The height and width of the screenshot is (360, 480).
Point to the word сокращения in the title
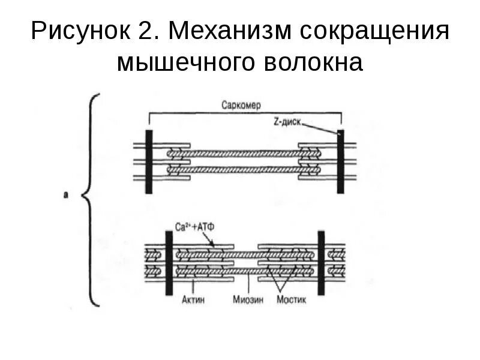[372, 31]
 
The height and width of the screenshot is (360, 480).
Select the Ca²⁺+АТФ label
[192, 227]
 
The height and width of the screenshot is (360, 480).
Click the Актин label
[194, 299]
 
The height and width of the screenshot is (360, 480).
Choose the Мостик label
[291, 299]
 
